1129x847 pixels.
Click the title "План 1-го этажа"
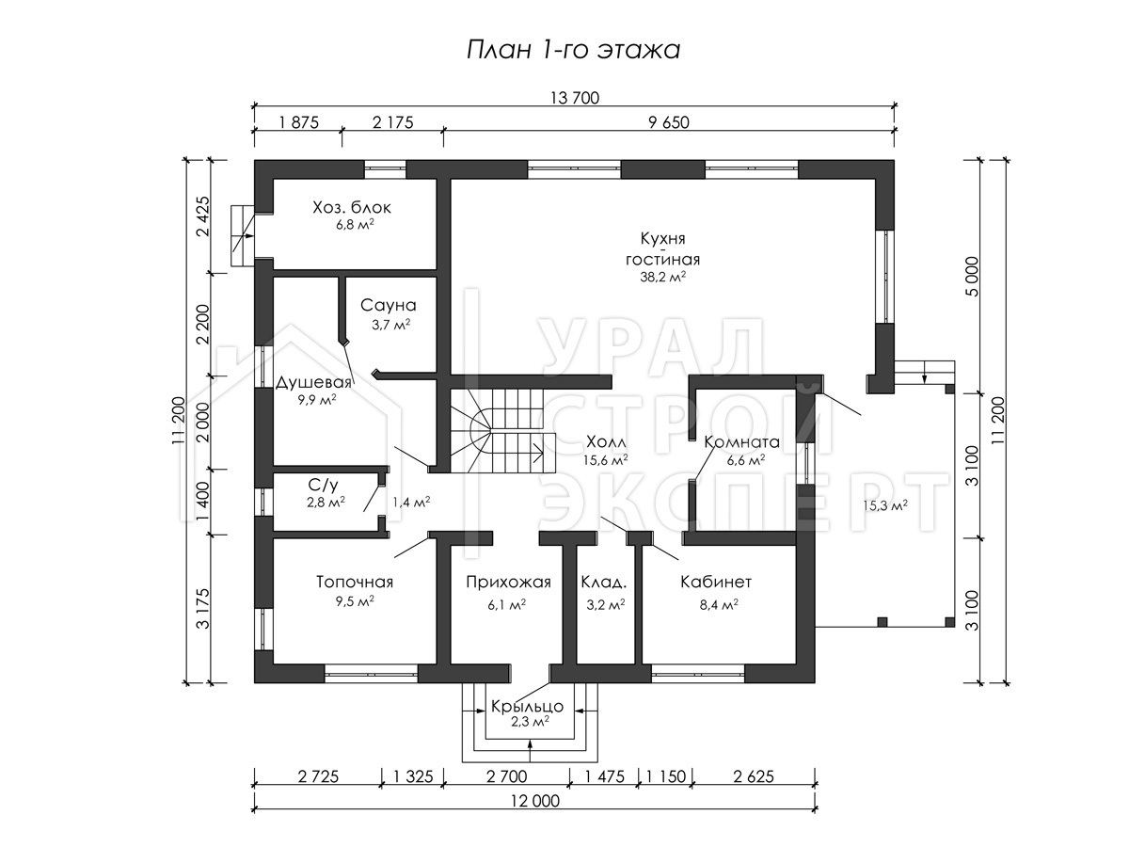[574, 51]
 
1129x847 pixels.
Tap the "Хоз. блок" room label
[352, 207]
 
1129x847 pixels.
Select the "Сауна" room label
[388, 305]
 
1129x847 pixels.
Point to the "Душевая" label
[313, 383]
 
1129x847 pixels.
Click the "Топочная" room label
[355, 582]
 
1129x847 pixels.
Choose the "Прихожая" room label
[508, 582]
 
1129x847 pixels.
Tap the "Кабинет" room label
[716, 582]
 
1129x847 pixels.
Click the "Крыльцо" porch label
[527, 706]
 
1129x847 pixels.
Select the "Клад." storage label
[604, 583]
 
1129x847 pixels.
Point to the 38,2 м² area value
[662, 278]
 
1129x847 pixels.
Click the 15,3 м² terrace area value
[884, 505]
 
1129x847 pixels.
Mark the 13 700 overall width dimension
[575, 98]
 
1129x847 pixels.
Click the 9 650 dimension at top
[669, 122]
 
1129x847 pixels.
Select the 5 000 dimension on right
[972, 276]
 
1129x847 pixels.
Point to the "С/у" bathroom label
[323, 485]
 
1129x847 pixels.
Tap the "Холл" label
[607, 441]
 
